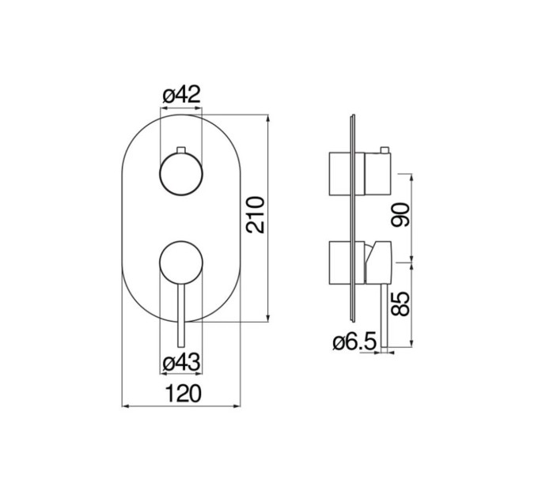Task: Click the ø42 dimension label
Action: pyautogui.click(x=181, y=95)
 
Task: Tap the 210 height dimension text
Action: pyautogui.click(x=256, y=215)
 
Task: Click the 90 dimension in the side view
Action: pyautogui.click(x=400, y=215)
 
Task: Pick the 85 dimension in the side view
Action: pyautogui.click(x=400, y=304)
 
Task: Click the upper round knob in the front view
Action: pyautogui.click(x=181, y=174)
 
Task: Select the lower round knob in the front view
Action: pyautogui.click(x=181, y=262)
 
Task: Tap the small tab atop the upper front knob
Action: pyautogui.click(x=181, y=149)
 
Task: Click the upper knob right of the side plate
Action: pyautogui.click(x=377, y=174)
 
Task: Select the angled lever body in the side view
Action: pyautogui.click(x=377, y=262)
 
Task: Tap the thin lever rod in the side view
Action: pyautogui.click(x=385, y=315)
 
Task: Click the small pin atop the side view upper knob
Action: pyautogui.click(x=385, y=150)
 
